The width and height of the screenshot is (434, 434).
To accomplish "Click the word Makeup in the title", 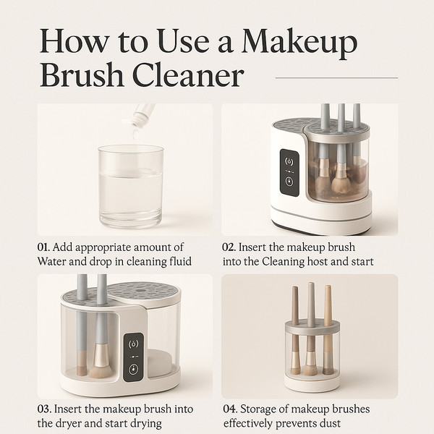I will point(299,43).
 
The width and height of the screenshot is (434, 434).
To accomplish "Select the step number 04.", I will point(231,409).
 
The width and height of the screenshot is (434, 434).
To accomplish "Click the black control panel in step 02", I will point(289,172).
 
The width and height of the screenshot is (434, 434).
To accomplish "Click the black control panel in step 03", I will point(133,356).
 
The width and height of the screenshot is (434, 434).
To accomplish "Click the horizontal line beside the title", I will point(336,77).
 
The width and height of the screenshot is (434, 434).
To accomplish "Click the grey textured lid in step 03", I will point(141,291).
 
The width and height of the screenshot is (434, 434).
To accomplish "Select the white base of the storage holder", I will point(312,383).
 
